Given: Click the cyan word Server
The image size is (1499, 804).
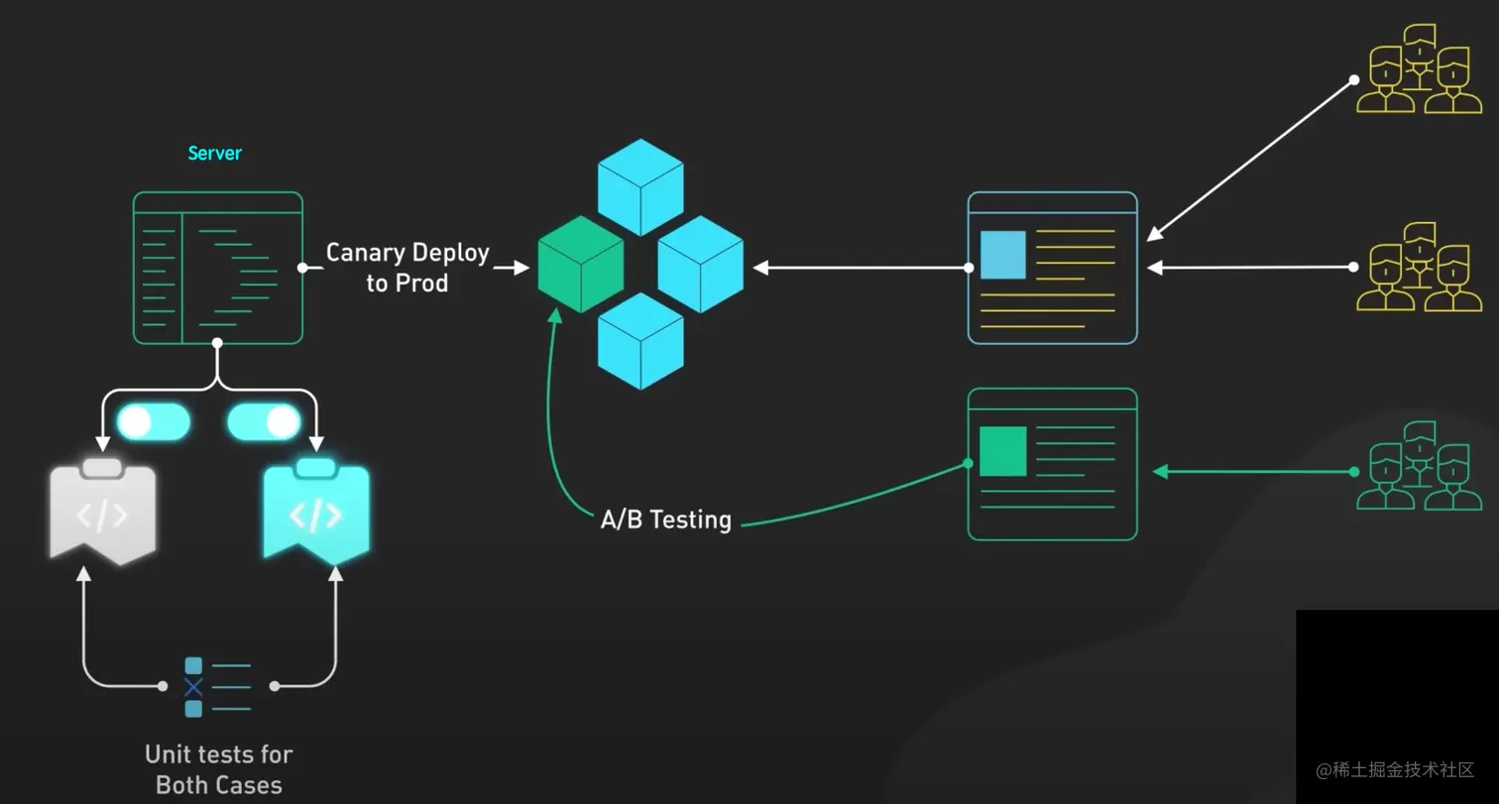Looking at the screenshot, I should coord(214,154).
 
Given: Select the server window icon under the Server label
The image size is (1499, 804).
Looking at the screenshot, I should coord(218,268).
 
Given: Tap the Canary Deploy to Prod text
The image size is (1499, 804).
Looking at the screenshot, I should coord(407,268).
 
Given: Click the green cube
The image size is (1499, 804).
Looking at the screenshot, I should coord(581,264).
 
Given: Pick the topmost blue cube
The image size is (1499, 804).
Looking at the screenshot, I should coord(640,186).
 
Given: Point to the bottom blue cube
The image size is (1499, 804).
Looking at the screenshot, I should coord(640,340).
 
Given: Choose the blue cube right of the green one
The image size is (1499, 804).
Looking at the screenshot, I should coord(700,264).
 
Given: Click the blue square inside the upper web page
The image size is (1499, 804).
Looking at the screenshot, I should coord(1002,255).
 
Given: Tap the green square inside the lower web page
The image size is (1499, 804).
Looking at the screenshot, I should coord(1002,451).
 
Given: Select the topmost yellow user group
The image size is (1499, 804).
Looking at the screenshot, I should coord(1413,68).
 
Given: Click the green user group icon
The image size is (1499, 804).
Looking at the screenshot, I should coord(1413,465).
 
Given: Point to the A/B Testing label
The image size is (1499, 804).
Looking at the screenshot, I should coord(665,519).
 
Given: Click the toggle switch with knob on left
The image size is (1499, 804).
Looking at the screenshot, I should coord(153,422).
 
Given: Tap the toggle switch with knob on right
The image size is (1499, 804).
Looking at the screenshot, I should coord(264,422).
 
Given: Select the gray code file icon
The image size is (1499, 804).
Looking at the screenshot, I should coord(102,511).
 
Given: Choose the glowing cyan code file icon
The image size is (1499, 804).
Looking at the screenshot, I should coord(315,512).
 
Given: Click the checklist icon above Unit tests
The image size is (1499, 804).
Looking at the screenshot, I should coord(217,686).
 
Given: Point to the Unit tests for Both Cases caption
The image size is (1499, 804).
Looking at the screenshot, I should coord(218,769).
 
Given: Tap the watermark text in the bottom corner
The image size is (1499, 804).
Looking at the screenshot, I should coord(1395,770).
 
